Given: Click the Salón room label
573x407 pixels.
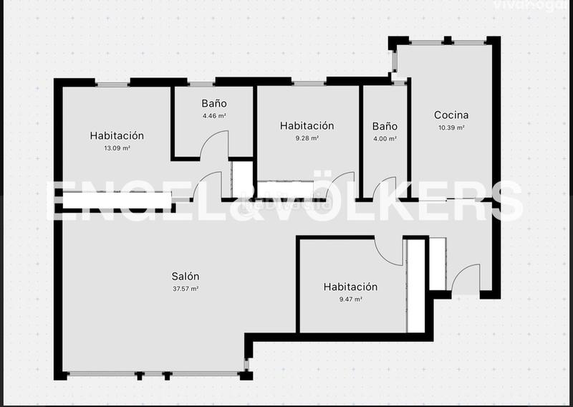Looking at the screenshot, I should [185, 276].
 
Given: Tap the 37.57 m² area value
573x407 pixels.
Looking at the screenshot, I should [185, 289].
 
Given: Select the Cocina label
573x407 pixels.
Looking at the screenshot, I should [451, 115].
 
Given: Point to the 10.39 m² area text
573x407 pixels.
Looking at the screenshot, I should [451, 128].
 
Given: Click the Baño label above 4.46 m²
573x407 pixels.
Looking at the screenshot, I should [213, 103].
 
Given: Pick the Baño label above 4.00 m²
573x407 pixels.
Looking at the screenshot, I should [385, 126].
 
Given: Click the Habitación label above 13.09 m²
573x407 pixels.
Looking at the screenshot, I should [117, 135].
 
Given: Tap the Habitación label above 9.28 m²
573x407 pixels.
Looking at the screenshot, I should [307, 125].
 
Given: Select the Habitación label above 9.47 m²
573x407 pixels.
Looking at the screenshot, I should [350, 287].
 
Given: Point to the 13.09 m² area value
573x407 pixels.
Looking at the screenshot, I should [117, 148].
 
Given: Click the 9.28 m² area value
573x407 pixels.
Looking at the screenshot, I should [307, 138].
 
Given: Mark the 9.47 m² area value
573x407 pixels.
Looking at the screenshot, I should [350, 300].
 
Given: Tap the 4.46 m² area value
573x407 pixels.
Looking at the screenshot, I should [213, 115].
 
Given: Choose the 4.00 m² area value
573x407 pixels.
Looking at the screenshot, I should [385, 139].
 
